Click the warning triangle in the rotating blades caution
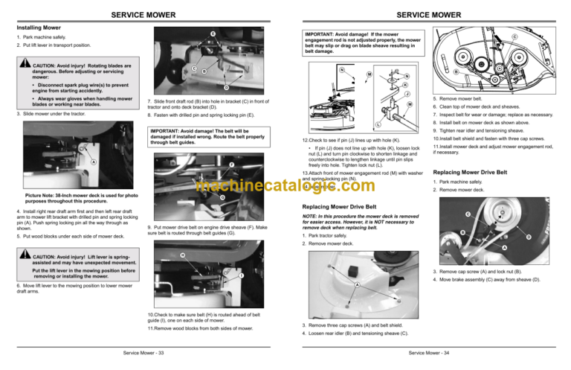[23, 66]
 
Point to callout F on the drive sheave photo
[233, 165]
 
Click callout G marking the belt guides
[222, 197]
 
